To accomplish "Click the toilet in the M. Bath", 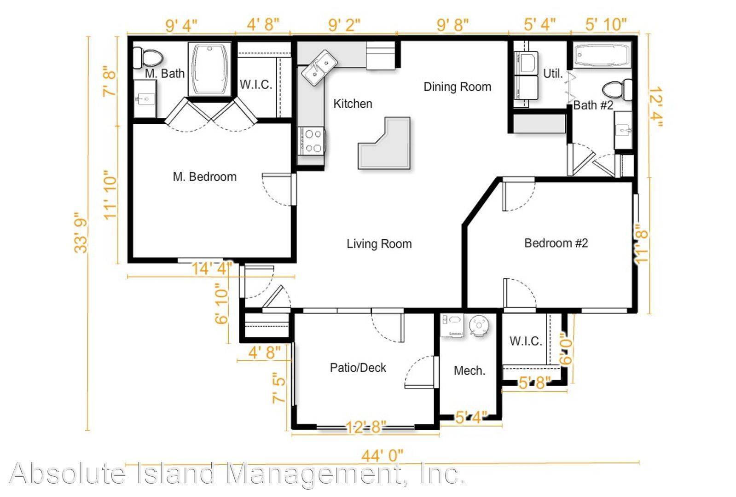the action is click(148, 58).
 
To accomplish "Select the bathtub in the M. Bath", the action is click(209, 69).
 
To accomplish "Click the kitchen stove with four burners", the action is click(312, 141).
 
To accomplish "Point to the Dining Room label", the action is click(457, 87).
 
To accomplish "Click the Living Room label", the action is click(379, 244).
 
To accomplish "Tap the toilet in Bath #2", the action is click(617, 90).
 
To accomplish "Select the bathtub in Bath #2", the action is click(602, 55).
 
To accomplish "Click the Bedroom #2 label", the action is click(556, 243).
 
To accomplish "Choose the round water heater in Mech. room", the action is click(478, 325).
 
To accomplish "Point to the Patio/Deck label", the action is click(358, 368).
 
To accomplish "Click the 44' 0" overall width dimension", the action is click(382, 456).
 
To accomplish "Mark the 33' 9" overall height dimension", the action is click(81, 232).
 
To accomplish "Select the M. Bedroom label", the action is click(205, 177).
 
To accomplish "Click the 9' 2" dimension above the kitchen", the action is click(344, 25).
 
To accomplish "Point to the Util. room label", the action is click(553, 73).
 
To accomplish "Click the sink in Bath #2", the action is click(623, 130).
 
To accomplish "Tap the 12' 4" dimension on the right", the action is click(656, 107).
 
